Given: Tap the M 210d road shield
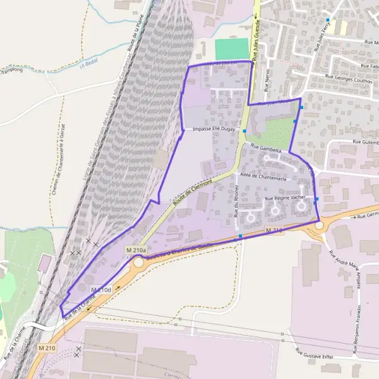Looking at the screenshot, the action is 101,289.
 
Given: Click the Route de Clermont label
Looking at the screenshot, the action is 193,189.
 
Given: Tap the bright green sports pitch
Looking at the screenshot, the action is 232,49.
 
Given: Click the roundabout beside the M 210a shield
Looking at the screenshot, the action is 141,262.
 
